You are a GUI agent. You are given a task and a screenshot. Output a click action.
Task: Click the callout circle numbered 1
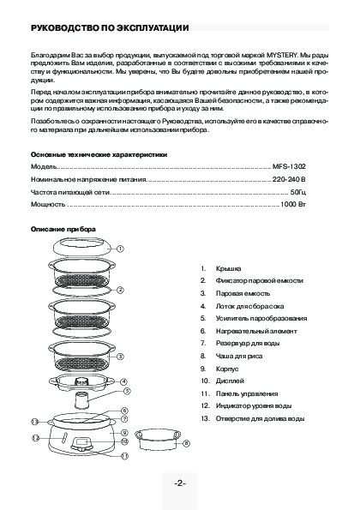click(x=120, y=249)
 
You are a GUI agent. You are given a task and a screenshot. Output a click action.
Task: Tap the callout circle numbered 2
click(x=120, y=290)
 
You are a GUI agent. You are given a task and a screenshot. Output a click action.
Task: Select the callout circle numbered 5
click(x=127, y=391)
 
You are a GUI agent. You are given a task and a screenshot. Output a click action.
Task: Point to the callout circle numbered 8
click(x=186, y=443)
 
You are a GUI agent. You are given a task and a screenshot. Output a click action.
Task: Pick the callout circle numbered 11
click(x=124, y=456)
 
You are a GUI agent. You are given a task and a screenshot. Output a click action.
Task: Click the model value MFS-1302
click(x=289, y=167)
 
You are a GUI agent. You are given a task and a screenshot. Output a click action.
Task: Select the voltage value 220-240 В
click(x=289, y=179)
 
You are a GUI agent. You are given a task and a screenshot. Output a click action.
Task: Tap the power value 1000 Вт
click(x=293, y=204)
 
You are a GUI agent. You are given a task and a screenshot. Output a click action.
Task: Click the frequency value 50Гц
click(x=298, y=192)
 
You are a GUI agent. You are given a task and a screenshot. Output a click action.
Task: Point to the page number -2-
click(x=180, y=483)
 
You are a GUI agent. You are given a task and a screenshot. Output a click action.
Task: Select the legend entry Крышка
click(x=229, y=268)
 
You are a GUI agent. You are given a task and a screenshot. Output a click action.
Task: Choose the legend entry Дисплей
click(x=230, y=381)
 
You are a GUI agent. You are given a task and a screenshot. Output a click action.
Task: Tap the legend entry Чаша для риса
click(x=239, y=357)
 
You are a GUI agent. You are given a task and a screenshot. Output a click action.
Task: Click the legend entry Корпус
click(x=227, y=369)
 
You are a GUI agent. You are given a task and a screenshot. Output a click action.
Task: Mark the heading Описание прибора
click(x=63, y=230)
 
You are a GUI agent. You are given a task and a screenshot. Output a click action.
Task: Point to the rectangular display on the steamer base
click(x=81, y=442)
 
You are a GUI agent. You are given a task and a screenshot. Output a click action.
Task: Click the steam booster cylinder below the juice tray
click(x=81, y=401)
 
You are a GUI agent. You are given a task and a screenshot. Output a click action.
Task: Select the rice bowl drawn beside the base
click(x=158, y=439)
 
